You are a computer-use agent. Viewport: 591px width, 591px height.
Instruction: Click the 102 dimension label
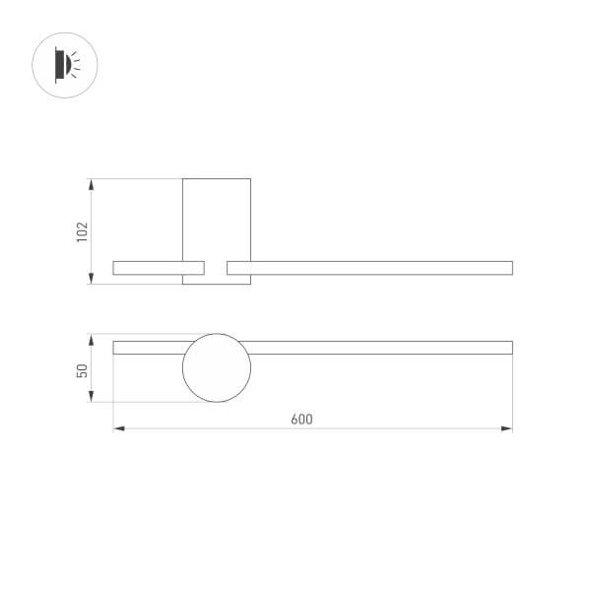[x=83, y=231]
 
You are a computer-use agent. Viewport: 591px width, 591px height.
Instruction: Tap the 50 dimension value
[x=83, y=369]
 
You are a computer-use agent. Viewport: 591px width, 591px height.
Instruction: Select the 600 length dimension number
[x=301, y=419]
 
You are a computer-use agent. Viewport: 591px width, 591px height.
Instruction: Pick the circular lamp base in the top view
[x=217, y=368]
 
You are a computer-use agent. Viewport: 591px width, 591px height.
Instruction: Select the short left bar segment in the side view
[x=159, y=267]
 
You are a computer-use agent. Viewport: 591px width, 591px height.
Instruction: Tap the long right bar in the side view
[x=369, y=267]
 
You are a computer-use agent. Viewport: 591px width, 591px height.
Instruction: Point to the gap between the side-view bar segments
[x=216, y=267]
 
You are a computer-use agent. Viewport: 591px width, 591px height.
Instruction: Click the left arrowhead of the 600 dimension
[x=118, y=428]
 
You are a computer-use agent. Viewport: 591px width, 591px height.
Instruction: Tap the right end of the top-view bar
[x=510, y=347]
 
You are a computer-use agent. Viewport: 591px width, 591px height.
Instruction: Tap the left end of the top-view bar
[x=115, y=347]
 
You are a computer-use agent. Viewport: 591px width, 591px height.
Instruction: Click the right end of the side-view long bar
[x=510, y=267]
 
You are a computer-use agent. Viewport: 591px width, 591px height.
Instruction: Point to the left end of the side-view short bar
[x=115, y=267]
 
